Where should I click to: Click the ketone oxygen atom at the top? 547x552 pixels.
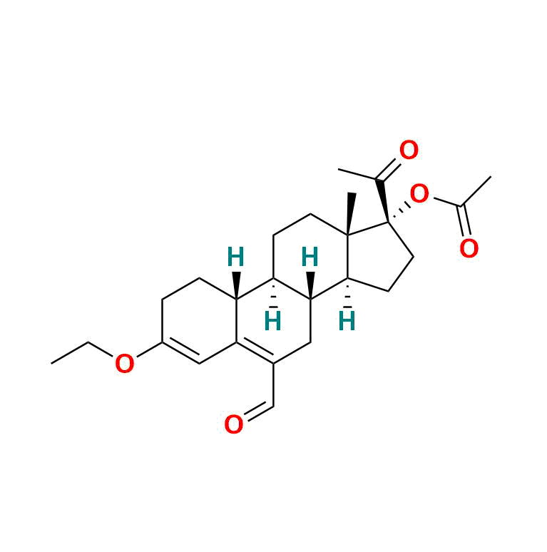tap(409, 150)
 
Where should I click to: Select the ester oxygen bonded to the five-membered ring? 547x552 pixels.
tap(419, 193)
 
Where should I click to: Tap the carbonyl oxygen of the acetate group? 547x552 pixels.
tap(469, 248)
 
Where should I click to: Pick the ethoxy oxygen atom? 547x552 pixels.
tap(125, 364)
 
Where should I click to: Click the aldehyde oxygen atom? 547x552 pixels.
tap(234, 424)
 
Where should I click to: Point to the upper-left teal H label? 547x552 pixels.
tap(235, 257)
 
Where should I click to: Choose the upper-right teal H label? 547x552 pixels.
tap(310, 257)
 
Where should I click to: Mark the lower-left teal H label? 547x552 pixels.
tap(273, 321)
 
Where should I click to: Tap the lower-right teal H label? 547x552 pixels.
tap(347, 321)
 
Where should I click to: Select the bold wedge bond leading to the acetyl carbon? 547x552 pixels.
tap(383, 201)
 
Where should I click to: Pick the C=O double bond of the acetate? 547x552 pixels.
tap(465, 220)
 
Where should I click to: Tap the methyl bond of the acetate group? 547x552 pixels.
tap(476, 190)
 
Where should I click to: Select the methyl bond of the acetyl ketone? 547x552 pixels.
tap(358, 175)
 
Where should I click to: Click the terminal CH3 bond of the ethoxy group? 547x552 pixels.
tap(70, 352)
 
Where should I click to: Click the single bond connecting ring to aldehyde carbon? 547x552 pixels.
tap(273, 385)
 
